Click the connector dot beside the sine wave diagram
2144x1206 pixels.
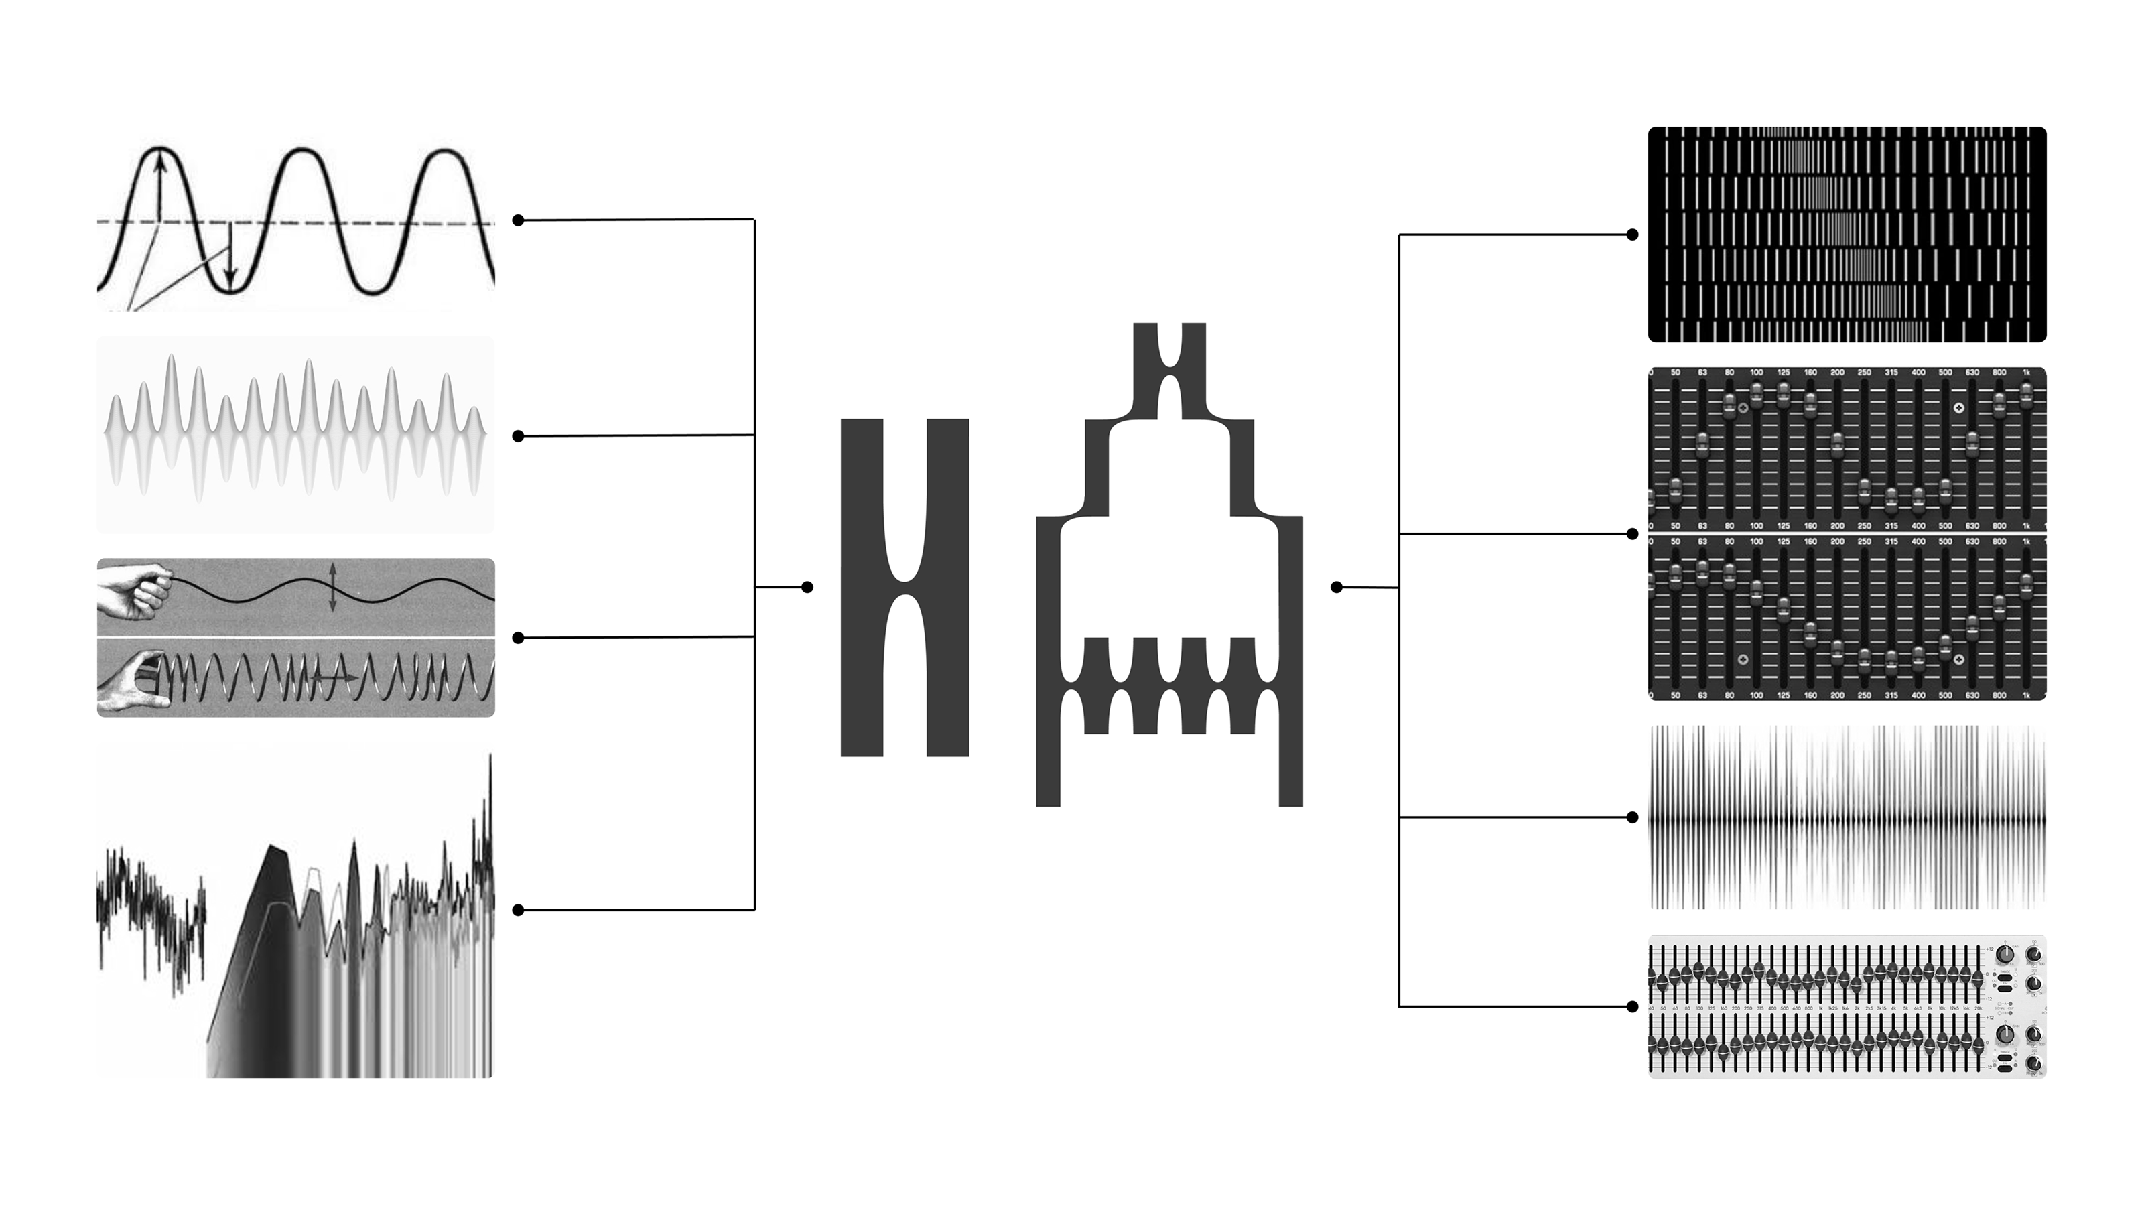(x=518, y=220)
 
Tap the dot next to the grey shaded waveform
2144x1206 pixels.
(x=518, y=436)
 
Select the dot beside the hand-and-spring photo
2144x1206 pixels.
(x=518, y=638)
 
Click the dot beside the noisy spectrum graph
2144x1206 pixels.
(x=518, y=910)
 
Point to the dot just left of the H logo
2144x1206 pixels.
(x=807, y=588)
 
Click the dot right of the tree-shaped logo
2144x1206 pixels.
(x=1337, y=588)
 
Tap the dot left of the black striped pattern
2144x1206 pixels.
(x=1632, y=234)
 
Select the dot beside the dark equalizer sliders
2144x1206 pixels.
(x=1632, y=533)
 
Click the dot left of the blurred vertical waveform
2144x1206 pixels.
(x=1632, y=817)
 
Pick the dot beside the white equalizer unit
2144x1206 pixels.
(x=1632, y=1006)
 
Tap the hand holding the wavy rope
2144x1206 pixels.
(x=133, y=590)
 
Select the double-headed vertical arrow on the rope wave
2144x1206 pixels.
(x=332, y=588)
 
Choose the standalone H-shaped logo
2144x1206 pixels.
(x=904, y=588)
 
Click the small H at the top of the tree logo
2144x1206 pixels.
(x=1169, y=371)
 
